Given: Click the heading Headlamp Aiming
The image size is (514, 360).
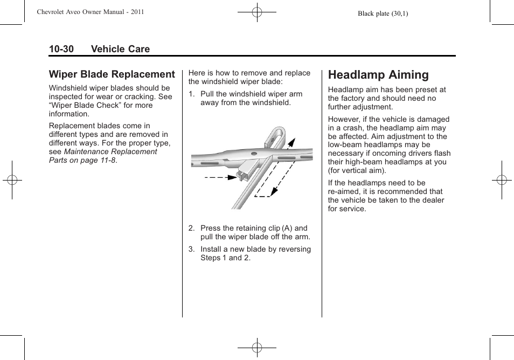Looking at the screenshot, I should (x=378, y=75).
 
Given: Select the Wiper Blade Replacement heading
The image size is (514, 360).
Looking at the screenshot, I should (x=112, y=74).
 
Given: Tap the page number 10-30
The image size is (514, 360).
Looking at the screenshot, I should (x=61, y=49).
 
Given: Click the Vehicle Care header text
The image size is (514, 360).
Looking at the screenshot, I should (x=120, y=49).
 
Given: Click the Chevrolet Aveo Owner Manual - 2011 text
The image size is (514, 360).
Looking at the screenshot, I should (x=90, y=12).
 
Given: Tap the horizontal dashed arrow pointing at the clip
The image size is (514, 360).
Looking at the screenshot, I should (x=218, y=177).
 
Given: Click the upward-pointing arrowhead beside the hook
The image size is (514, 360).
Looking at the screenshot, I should (x=292, y=142).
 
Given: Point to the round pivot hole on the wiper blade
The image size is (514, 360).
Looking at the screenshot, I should (x=253, y=154).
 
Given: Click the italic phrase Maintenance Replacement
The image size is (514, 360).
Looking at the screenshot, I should (x=110, y=151).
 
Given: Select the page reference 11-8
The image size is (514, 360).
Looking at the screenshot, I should (x=107, y=160).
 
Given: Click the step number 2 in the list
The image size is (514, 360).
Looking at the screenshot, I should (x=191, y=228).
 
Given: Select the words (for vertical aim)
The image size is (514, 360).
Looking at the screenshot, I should (x=357, y=170).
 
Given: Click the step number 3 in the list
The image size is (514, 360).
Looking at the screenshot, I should (x=191, y=249).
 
